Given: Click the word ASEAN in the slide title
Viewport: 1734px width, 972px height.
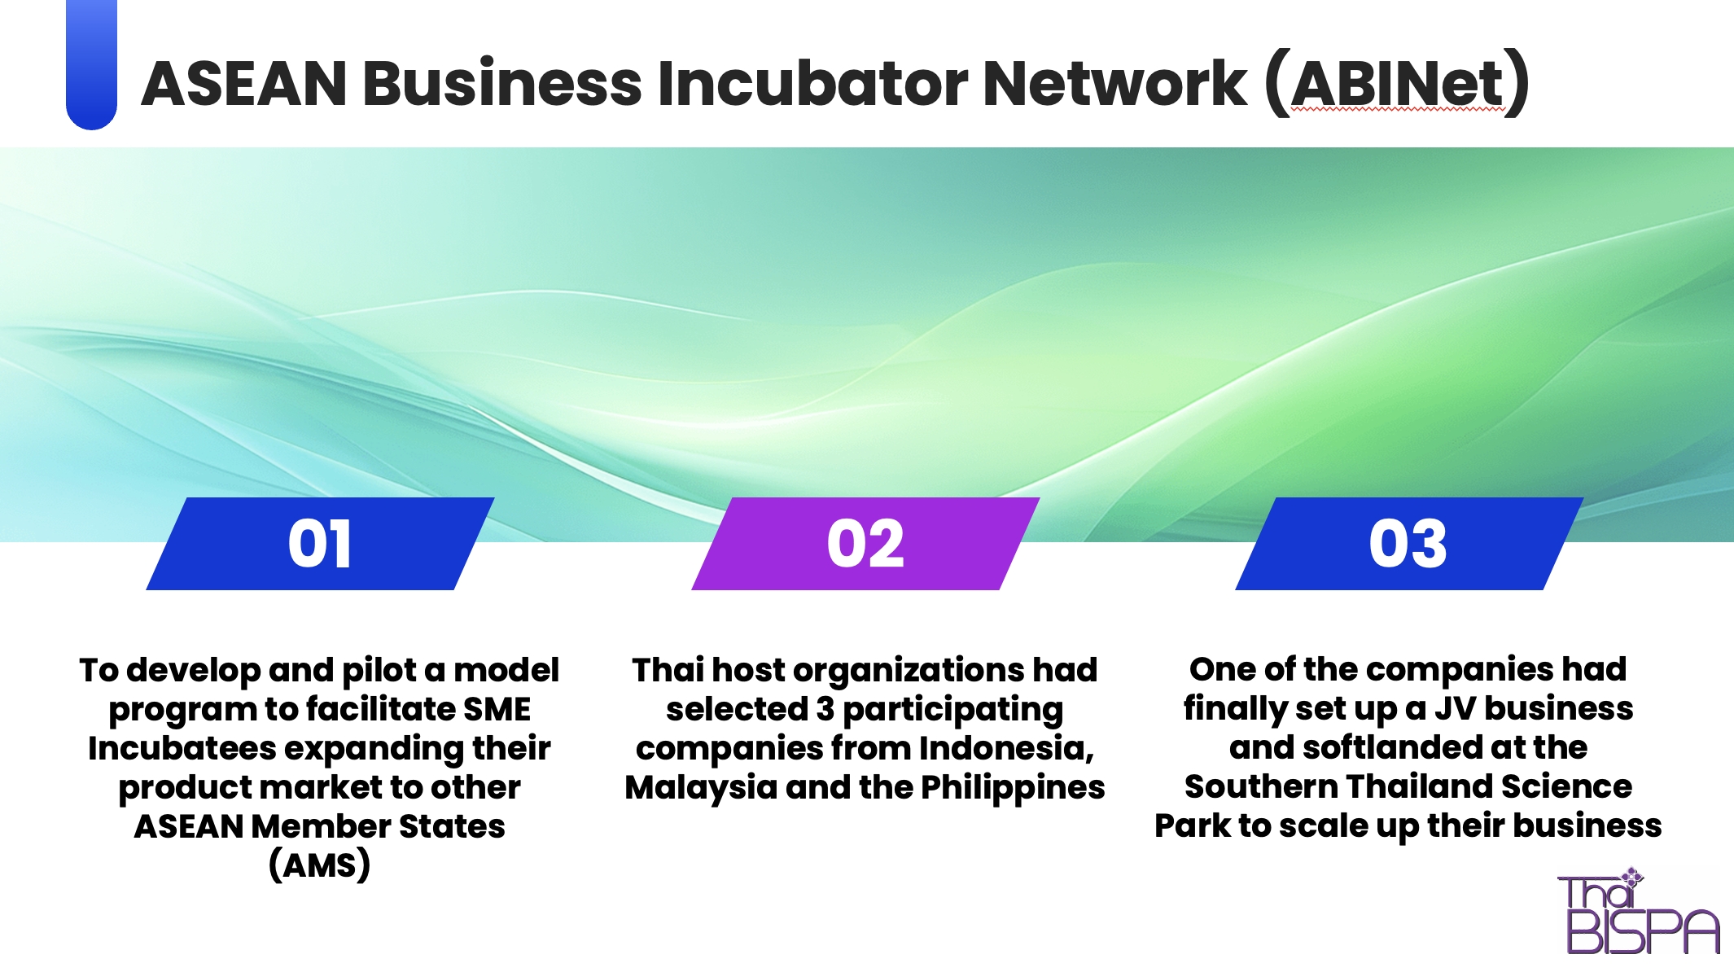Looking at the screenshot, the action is point(245,83).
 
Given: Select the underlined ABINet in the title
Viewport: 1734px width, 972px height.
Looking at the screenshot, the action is point(1397,83).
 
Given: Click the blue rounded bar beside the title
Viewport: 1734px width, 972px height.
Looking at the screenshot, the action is point(91,64).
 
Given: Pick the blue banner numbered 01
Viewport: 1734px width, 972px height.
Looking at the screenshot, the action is point(320,543).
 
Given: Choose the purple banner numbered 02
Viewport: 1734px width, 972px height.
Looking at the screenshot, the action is point(865,543).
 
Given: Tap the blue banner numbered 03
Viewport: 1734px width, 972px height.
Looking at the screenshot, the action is point(1409,543).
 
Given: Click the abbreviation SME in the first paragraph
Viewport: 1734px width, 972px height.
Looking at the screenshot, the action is point(497,709).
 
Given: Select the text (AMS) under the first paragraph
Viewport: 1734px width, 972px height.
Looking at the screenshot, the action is point(319,865).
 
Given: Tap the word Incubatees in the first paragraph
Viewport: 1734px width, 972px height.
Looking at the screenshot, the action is point(182,748).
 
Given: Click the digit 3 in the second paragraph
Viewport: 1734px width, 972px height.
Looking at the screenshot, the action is point(825,709).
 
